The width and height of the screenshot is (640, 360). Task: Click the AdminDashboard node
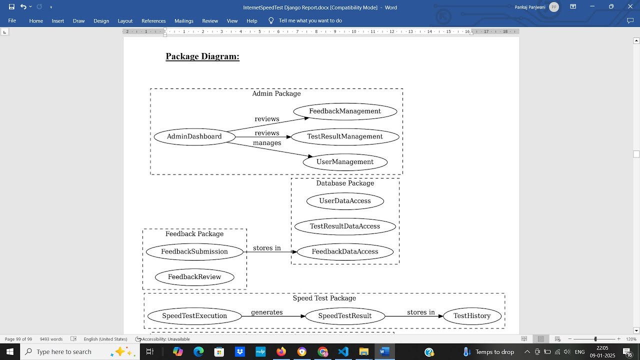194,136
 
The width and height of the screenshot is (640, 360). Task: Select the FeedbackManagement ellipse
345,111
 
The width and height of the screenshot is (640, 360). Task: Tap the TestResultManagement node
345,136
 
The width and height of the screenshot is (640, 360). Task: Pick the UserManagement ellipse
345,162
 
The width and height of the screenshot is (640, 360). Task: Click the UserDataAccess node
345,201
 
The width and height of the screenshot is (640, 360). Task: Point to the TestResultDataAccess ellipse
345,226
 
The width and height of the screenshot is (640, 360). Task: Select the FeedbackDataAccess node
345,251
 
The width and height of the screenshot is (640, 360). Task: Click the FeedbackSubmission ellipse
194,251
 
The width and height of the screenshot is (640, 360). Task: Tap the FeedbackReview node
194,277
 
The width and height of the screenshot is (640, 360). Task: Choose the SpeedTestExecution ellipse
194,316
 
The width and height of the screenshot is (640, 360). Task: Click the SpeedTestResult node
345,316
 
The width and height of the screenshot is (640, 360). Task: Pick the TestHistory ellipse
472,316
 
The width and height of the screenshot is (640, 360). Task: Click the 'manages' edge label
267,143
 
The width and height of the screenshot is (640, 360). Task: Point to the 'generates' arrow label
267,312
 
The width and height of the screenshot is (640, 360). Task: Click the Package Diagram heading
202,56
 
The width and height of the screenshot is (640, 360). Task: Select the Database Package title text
345,183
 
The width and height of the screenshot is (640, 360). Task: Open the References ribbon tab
153,21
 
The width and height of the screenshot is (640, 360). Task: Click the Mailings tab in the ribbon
184,21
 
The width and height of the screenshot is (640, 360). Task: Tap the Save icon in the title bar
11,7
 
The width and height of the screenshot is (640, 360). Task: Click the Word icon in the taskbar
384,351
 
